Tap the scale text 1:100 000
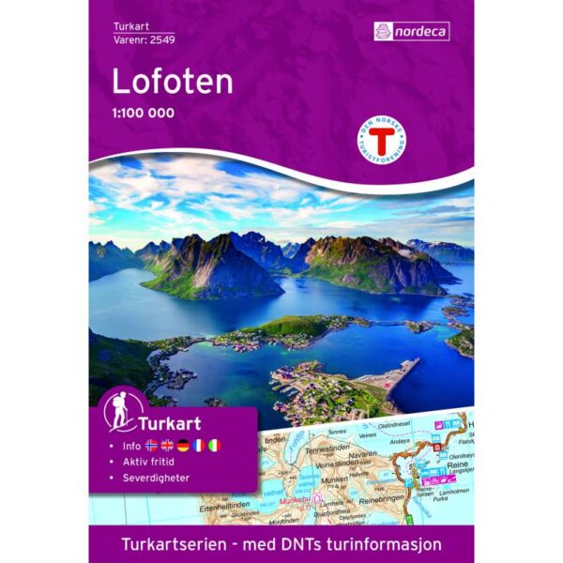pyautogui.click(x=144, y=114)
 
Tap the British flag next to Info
pyautogui.click(x=168, y=445)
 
